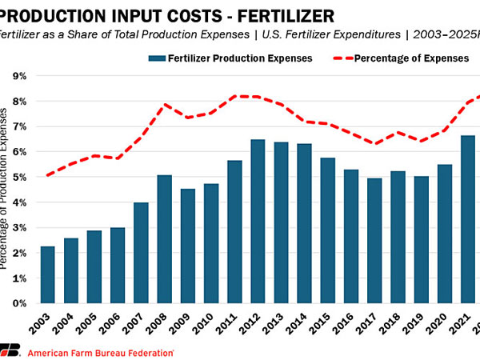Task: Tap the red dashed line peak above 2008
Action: pos(164,105)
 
